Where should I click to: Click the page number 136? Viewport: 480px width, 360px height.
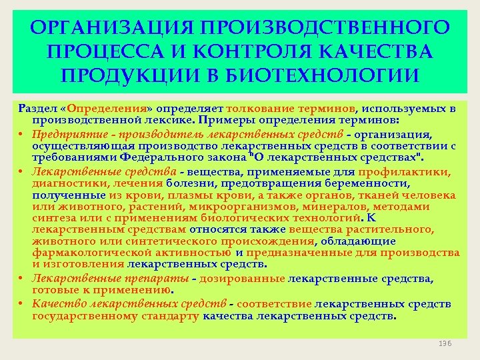tap(445, 343)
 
